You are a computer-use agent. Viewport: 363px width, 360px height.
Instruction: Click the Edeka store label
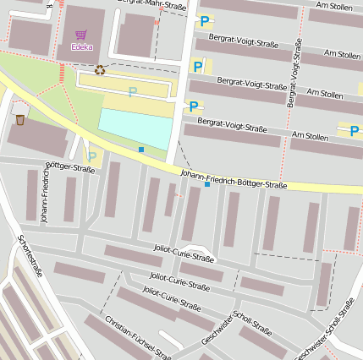(x=82, y=46)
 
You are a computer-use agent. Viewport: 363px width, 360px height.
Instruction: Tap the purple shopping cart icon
(x=81, y=35)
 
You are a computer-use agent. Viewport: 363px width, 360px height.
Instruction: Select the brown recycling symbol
(x=101, y=71)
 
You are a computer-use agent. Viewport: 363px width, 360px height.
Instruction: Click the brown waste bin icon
(x=19, y=120)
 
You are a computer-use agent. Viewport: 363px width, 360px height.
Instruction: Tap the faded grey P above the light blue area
(x=132, y=92)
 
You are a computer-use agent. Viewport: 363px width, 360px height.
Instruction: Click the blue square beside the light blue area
(x=140, y=150)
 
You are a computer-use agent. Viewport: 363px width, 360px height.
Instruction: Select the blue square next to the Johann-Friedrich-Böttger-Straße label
(x=206, y=184)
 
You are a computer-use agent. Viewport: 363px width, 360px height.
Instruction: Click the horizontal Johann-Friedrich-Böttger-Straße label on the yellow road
(x=234, y=179)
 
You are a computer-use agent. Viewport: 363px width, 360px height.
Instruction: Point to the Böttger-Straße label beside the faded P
(x=69, y=167)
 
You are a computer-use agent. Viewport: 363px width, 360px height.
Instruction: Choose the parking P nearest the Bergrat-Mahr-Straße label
(x=203, y=22)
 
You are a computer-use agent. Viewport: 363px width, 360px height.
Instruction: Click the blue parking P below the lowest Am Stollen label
(x=354, y=130)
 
